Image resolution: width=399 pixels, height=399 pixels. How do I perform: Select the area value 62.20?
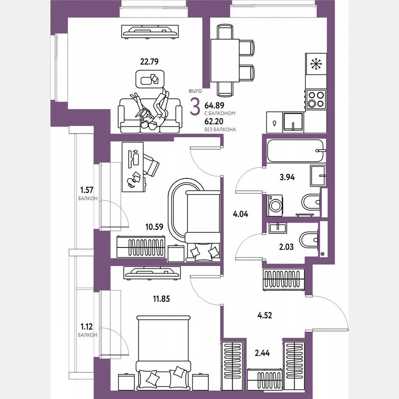tap(214, 121)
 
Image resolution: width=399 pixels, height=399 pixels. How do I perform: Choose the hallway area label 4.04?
tap(240, 214)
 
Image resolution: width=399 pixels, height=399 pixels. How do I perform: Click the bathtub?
tap(294, 151)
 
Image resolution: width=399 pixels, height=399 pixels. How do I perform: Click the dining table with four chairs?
tap(224, 60)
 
